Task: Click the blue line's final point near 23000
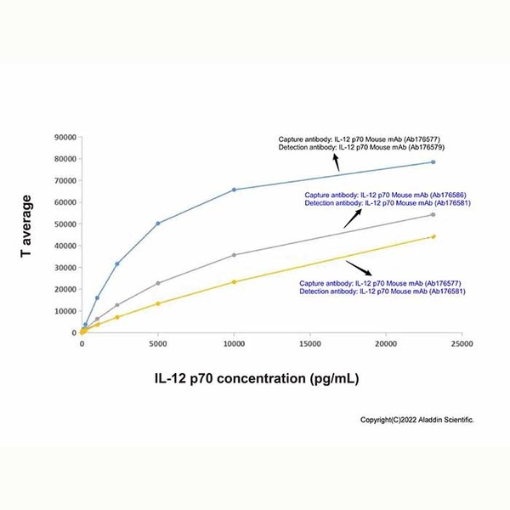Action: [433, 162]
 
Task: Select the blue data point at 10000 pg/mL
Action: [234, 190]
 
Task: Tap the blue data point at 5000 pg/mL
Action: [158, 224]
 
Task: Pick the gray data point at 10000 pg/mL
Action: [234, 255]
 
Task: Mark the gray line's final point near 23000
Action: [433, 215]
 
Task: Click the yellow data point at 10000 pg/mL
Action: [234, 282]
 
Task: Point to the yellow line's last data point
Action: [433, 237]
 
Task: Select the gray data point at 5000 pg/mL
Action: [158, 283]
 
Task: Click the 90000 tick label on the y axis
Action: [65, 137]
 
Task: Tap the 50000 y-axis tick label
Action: [65, 224]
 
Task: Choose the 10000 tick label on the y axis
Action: [65, 311]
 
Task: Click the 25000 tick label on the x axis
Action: [462, 344]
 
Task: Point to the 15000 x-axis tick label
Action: [309, 344]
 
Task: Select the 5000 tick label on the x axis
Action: [158, 344]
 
